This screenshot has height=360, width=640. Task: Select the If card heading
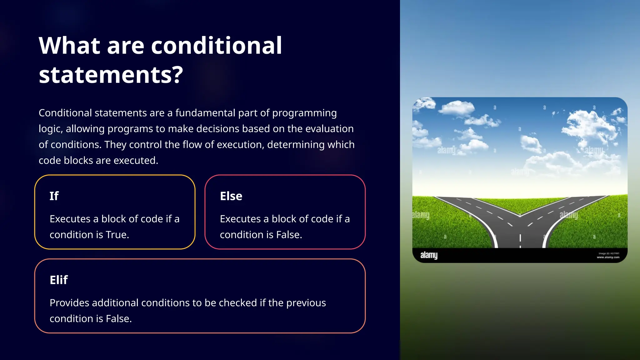[54, 196]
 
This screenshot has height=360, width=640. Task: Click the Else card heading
[231, 196]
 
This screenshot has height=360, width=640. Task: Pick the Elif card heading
[59, 280]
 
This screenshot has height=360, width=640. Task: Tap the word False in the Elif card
[118, 318]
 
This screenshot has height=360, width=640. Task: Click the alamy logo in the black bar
[429, 255]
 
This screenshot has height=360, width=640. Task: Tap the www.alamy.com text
[608, 257]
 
